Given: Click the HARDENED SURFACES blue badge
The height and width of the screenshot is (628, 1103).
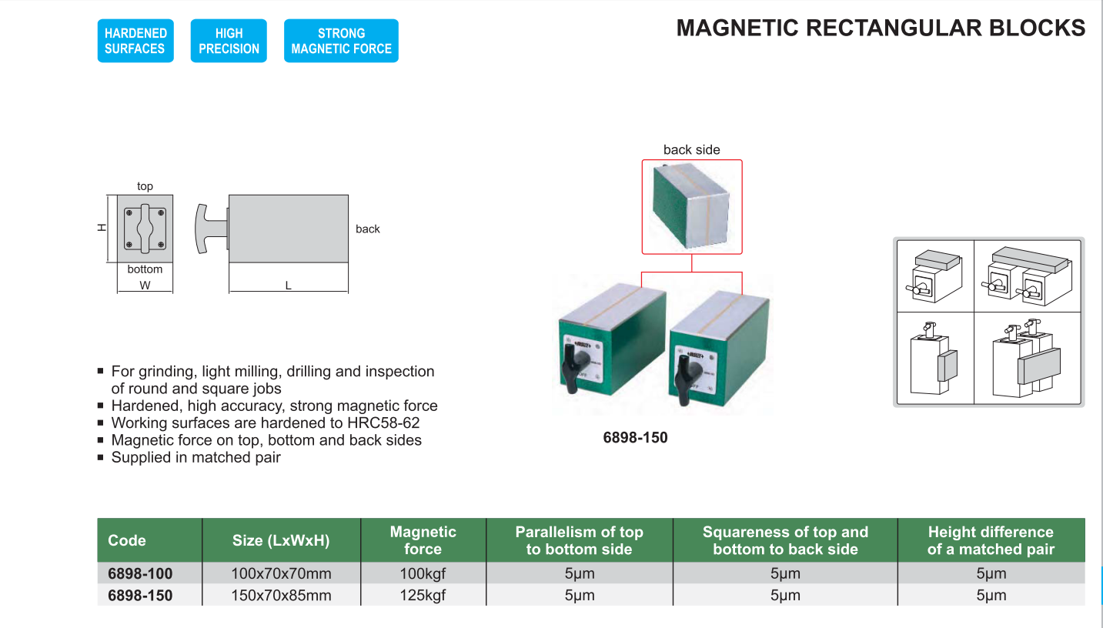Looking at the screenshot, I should pyautogui.click(x=135, y=41).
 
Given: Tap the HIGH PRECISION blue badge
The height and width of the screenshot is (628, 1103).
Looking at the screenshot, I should pyautogui.click(x=229, y=41).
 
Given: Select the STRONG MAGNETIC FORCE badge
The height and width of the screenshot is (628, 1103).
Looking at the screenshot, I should pyautogui.click(x=341, y=41).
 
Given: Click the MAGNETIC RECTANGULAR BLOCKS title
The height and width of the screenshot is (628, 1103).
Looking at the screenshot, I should pyautogui.click(x=881, y=28).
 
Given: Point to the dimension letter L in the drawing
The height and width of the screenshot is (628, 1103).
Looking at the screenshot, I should pyautogui.click(x=289, y=286).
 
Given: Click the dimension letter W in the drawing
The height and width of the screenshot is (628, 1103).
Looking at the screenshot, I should pyautogui.click(x=145, y=286).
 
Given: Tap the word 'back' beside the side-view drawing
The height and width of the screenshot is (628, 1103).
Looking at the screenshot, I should pyautogui.click(x=368, y=229).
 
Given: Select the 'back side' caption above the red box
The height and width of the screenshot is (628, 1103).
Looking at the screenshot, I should pyautogui.click(x=691, y=150).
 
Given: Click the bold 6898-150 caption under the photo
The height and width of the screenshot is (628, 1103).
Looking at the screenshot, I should pyautogui.click(x=635, y=438).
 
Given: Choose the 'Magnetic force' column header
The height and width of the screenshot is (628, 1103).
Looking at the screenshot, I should pyautogui.click(x=423, y=540).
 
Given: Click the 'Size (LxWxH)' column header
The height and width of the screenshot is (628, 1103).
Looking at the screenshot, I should pyautogui.click(x=281, y=540).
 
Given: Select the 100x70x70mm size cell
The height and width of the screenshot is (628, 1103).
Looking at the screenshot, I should pyautogui.click(x=281, y=573).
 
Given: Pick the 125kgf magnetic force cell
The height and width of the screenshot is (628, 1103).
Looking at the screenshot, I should pyautogui.click(x=423, y=595).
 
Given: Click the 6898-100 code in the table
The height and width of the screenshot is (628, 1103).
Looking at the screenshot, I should pyautogui.click(x=140, y=573).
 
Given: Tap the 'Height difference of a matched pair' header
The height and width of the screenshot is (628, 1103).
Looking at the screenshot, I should pyautogui.click(x=990, y=540).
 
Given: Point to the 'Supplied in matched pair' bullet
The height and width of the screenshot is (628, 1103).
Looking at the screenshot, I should pyautogui.click(x=196, y=458).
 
